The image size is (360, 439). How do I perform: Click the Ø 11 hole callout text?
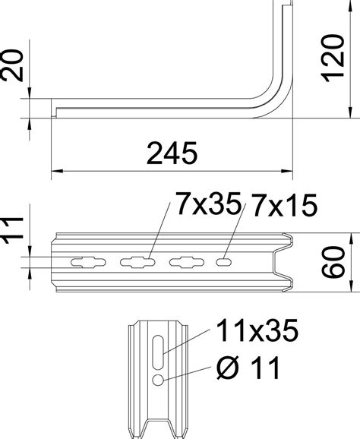tap(248, 370)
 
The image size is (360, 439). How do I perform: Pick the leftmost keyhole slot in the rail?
tap(86, 262)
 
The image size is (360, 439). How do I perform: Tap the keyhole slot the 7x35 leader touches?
tap(137, 262)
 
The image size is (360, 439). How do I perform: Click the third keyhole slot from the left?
tap(186, 262)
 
